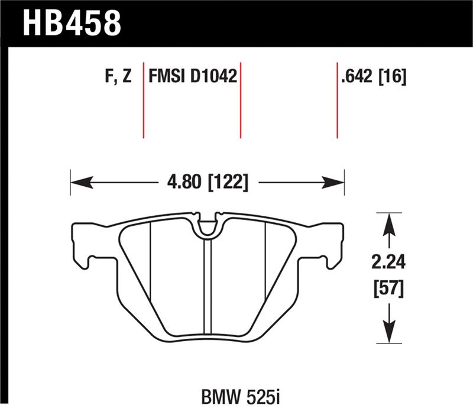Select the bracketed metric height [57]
click(388, 290)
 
